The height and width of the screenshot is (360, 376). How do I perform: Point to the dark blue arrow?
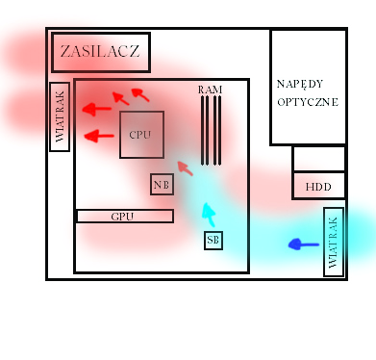coord(303,244)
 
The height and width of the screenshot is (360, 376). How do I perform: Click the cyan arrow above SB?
coord(209,215)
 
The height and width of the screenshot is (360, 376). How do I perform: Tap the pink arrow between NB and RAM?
coord(185,168)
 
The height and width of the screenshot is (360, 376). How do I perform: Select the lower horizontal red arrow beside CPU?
coord(99,136)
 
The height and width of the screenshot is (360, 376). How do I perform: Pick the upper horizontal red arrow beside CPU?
coord(97,109)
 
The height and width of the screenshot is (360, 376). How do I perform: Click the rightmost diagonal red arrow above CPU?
coord(140,95)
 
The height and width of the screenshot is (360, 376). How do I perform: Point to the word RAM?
coord(210,90)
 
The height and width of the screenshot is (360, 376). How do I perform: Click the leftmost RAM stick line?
coord(203,131)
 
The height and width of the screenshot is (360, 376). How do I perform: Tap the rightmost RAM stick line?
coord(219,131)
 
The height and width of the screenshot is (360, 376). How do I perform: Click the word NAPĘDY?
coord(300,84)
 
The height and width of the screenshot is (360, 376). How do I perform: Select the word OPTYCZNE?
coord(308,102)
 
